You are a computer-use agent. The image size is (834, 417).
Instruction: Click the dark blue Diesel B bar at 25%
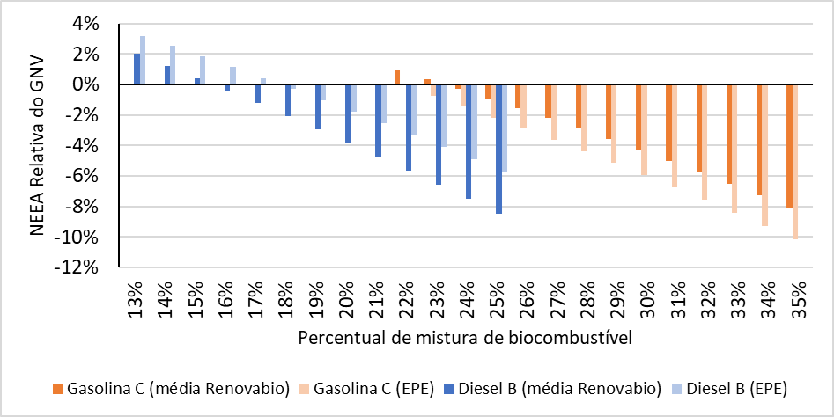click(x=498, y=149)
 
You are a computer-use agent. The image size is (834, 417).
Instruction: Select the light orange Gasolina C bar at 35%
click(x=795, y=161)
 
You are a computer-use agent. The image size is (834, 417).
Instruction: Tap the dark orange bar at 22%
click(x=397, y=77)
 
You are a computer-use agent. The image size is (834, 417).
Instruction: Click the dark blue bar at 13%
click(x=137, y=69)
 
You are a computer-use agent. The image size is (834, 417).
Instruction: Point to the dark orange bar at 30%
click(x=638, y=116)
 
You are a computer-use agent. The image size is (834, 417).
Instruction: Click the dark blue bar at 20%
click(x=348, y=113)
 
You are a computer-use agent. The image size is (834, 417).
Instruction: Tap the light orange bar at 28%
click(x=585, y=118)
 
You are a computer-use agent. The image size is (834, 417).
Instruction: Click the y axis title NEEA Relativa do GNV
click(x=37, y=145)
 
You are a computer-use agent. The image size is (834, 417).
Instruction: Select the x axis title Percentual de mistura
click(x=465, y=338)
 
